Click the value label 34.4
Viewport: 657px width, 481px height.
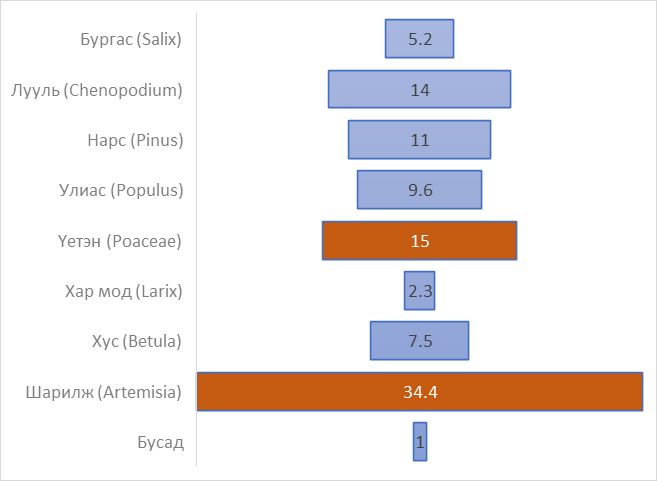tap(420, 391)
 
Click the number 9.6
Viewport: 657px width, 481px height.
tap(420, 190)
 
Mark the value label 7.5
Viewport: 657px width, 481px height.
tap(420, 341)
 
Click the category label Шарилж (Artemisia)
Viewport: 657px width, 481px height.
tap(103, 392)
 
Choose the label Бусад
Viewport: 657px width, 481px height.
tap(160, 442)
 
